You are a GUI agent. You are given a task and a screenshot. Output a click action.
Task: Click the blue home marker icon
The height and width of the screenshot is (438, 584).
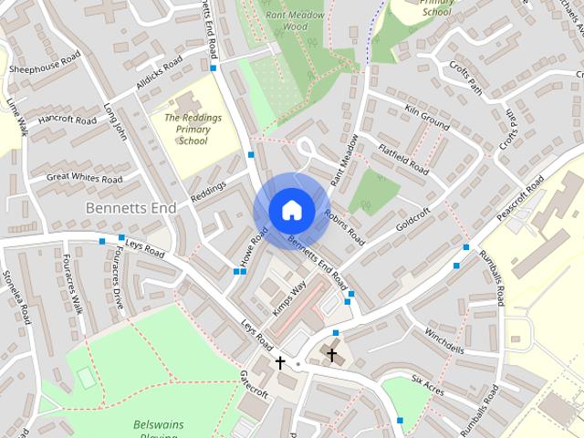(290, 210)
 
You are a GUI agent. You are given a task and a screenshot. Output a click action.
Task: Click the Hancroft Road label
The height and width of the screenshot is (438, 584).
(67, 120)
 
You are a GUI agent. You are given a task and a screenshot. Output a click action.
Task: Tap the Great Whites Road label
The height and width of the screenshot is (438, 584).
(84, 179)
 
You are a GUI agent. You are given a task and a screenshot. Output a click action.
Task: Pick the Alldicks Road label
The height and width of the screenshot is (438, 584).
(160, 75)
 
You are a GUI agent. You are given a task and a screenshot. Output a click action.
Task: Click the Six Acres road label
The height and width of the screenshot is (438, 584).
(428, 384)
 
